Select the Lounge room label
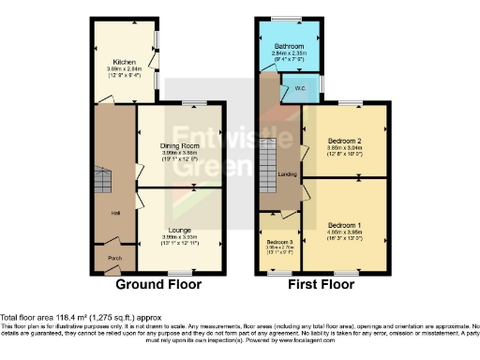180,230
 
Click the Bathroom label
289,46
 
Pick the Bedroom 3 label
278,242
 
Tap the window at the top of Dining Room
194,102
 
